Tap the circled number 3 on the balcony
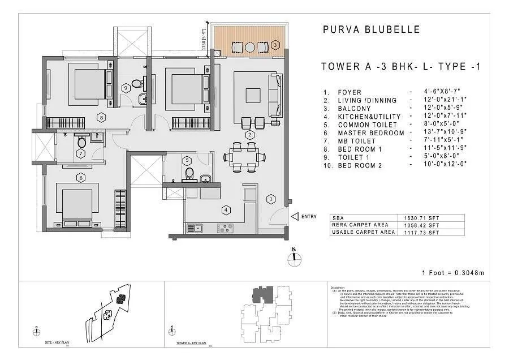tap(275, 44)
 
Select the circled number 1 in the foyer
tap(271, 199)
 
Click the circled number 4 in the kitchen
tap(226, 209)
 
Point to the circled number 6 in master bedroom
tap(81, 178)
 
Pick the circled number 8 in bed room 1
tap(101, 118)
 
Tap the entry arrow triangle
tap(294, 216)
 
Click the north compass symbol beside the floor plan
tap(294, 258)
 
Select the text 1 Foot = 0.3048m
tap(452, 273)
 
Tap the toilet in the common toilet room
tap(189, 172)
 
